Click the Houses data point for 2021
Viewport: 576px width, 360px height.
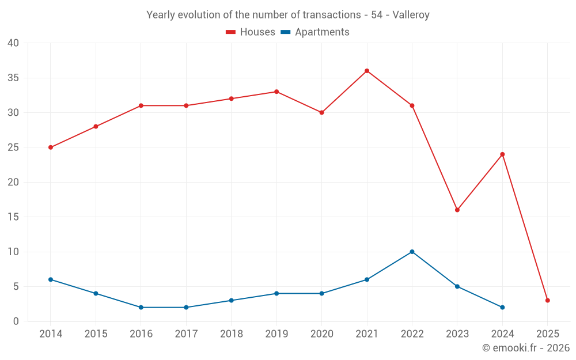[367, 71]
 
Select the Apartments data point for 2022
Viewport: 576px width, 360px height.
[412, 252]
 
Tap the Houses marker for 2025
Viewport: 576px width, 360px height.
[548, 300]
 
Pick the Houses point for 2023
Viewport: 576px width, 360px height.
[457, 210]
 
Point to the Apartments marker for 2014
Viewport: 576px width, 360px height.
[51, 279]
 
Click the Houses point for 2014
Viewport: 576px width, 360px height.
[51, 147]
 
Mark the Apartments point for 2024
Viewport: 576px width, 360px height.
[502, 307]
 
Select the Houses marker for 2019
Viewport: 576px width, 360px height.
[276, 92]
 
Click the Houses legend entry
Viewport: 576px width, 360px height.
[251, 32]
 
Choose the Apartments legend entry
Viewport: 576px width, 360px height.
[315, 32]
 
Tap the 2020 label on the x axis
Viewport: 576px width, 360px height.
[321, 334]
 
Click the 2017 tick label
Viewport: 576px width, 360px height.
[186, 334]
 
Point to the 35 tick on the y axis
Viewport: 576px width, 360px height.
[13, 78]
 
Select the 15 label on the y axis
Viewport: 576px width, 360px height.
[13, 217]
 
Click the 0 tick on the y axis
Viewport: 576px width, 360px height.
[16, 321]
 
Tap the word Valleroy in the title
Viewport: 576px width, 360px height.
[411, 15]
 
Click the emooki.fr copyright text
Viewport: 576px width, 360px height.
[526, 348]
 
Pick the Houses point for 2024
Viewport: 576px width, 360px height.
[502, 154]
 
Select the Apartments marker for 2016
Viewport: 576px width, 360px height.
[141, 307]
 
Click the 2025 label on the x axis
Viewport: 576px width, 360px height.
[548, 334]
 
